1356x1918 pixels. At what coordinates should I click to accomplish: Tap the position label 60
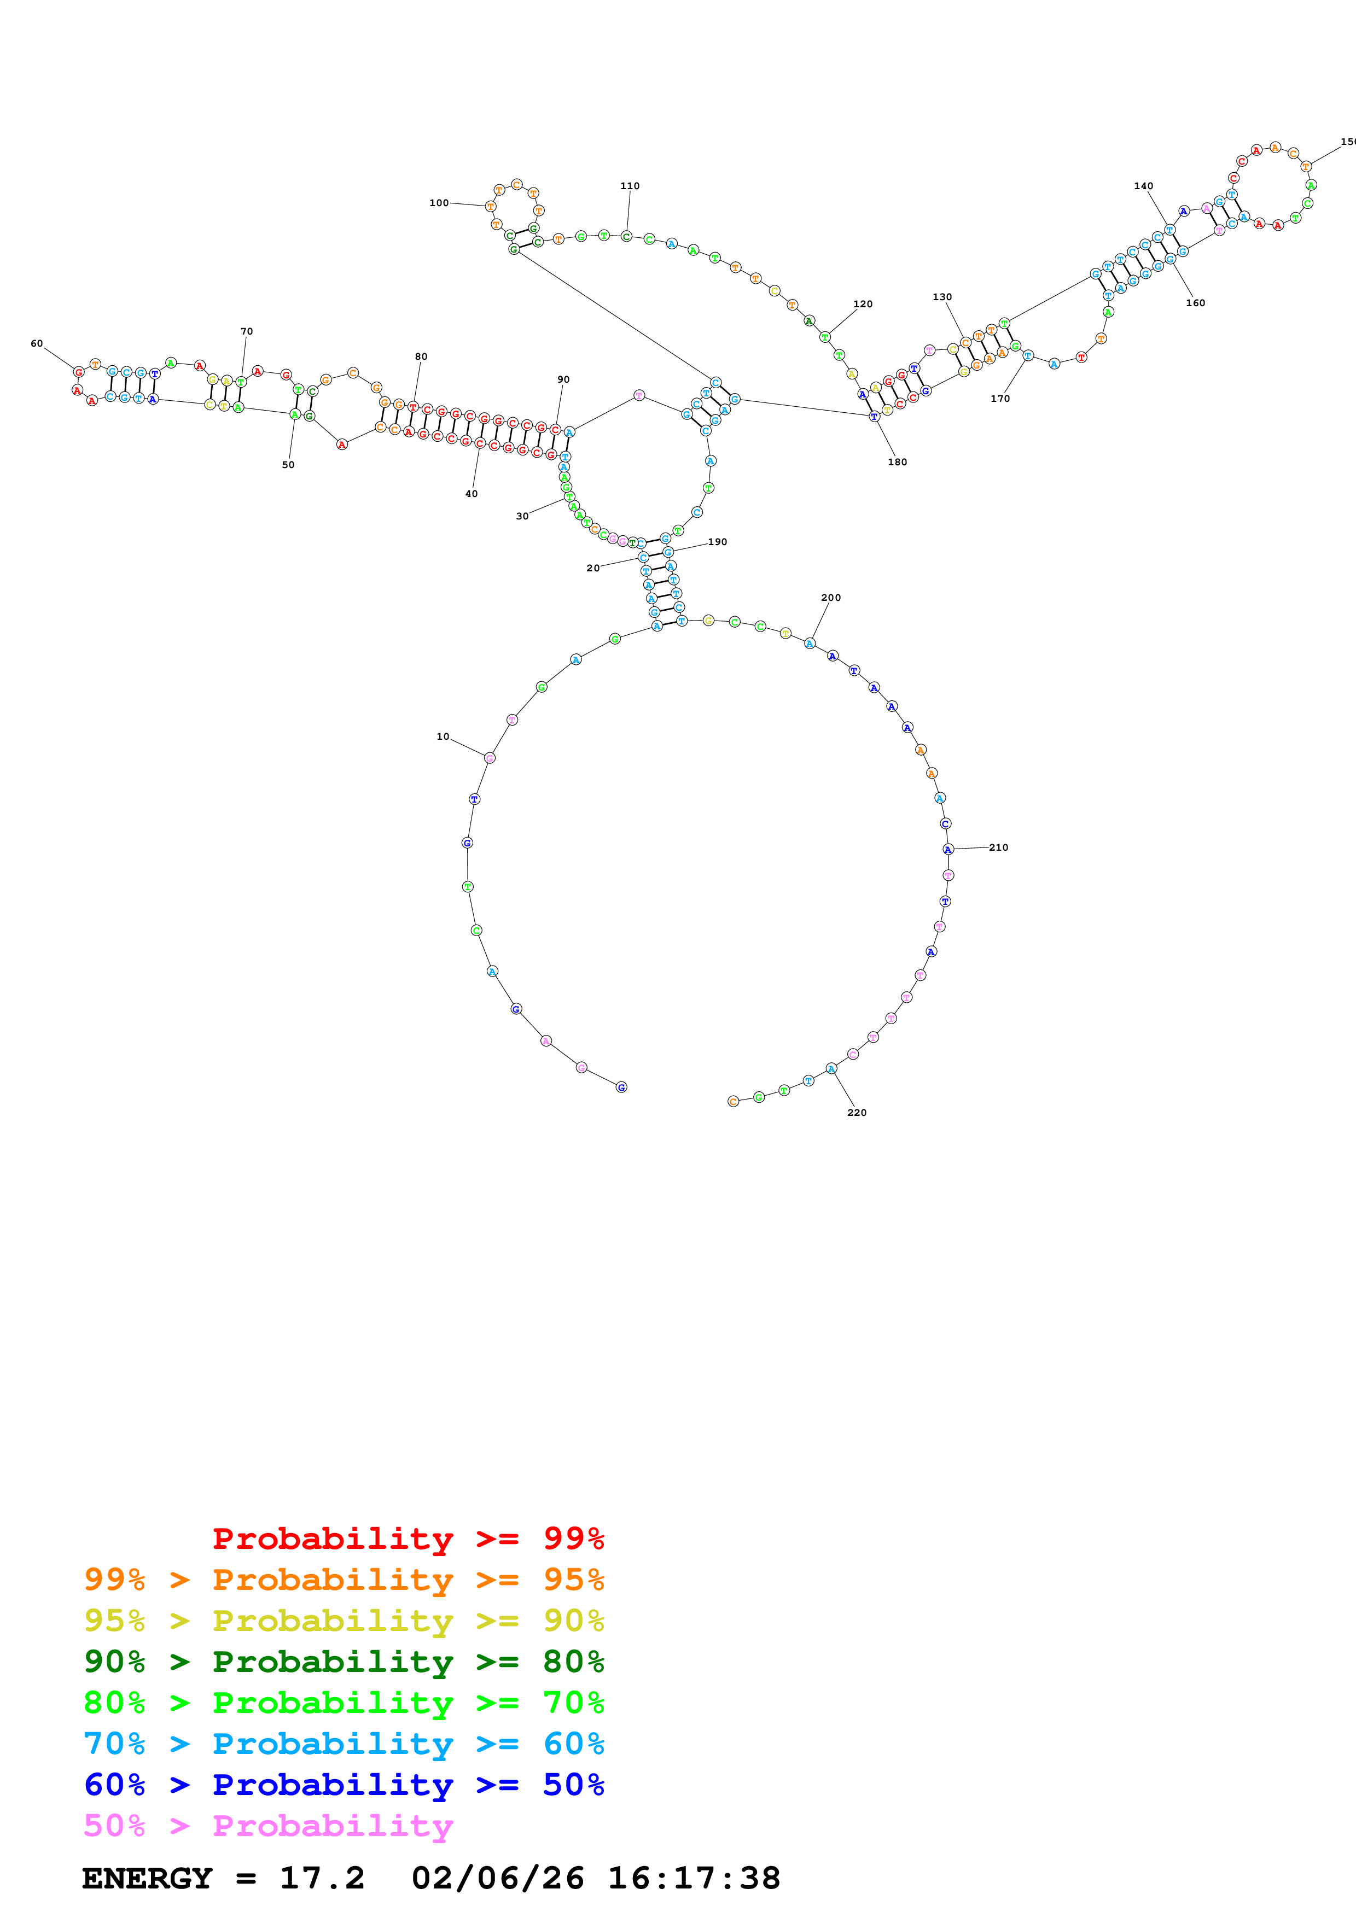point(37,343)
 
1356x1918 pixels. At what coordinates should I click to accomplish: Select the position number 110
point(630,186)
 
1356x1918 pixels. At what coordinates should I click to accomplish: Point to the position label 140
point(1143,186)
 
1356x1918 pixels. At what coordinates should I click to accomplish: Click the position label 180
point(897,462)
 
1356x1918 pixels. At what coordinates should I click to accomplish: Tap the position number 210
point(998,847)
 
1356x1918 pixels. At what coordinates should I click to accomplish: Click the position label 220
point(857,1113)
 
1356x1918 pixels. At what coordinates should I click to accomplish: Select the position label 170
point(1000,399)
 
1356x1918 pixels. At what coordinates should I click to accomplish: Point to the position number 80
point(421,356)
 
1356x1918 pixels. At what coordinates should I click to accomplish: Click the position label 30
point(522,516)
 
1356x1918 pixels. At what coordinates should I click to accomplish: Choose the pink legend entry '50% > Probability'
point(268,1825)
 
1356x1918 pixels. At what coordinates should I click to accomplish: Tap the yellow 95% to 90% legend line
point(344,1621)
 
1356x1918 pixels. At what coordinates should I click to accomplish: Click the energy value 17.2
point(322,1878)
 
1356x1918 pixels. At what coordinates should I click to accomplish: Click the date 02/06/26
point(497,1878)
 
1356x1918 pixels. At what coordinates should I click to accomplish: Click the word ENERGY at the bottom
point(147,1878)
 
